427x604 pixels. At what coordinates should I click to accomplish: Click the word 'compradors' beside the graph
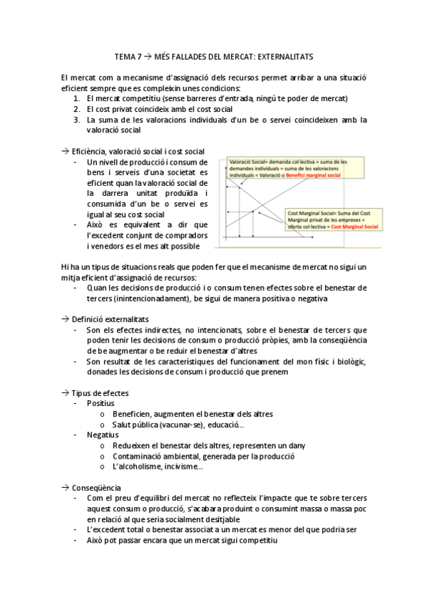point(182,235)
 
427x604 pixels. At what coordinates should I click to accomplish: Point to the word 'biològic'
point(351,361)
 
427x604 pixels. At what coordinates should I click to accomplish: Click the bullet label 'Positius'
point(101,403)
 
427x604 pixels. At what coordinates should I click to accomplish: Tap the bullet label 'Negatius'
point(103,434)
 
